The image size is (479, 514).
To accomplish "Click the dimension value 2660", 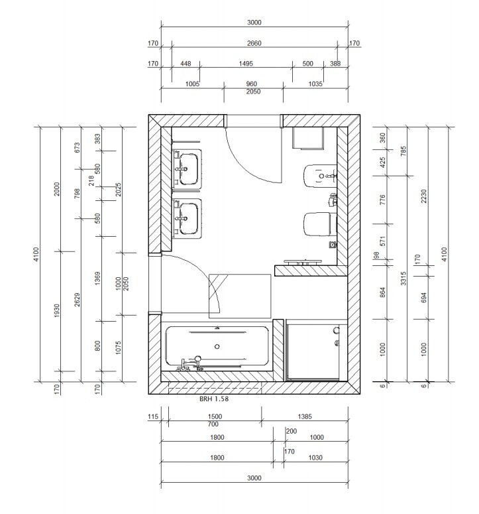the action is pos(254,43).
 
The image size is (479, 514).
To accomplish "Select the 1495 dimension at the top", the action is pos(246,64).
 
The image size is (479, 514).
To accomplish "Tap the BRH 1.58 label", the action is pos(214,399).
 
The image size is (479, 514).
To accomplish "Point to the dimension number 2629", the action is pos(77,300).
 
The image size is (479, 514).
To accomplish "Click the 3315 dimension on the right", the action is pos(403,279).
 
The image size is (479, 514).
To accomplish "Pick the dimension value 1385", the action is pos(305,417).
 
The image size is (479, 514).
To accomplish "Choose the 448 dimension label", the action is pos(186,64).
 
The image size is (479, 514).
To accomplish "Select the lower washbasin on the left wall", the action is pos(187,218).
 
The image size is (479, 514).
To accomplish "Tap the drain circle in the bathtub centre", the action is pos(217,346).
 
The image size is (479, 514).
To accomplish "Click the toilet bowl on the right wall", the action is pos(317,224).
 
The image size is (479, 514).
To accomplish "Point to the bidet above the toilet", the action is pos(319,176).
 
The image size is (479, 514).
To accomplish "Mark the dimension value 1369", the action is pos(97,279).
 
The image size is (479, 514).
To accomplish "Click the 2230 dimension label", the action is pos(423,196).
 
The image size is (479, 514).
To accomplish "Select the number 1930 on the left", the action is pos(56,310).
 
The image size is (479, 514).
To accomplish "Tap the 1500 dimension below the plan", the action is pos(215,417).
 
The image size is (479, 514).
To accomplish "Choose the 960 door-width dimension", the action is pos(252,84).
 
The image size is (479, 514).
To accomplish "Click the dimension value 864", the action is pos(383,292).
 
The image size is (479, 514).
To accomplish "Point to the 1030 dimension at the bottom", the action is pos(315,458).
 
